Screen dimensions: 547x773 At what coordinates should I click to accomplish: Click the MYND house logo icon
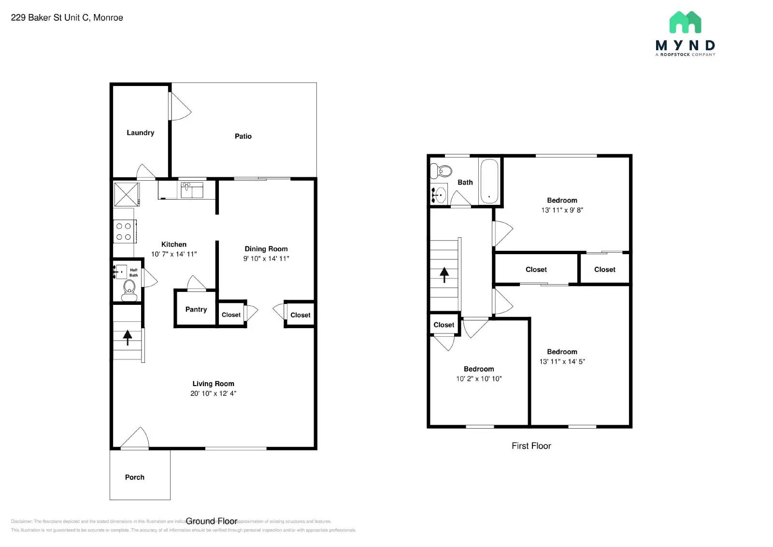click(685, 22)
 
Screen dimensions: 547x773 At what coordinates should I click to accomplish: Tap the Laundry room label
click(140, 133)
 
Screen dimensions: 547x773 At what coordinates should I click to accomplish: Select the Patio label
click(243, 136)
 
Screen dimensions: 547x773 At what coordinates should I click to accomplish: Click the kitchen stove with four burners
click(124, 231)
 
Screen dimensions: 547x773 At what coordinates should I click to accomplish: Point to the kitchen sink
click(192, 190)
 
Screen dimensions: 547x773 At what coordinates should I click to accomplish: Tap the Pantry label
click(196, 310)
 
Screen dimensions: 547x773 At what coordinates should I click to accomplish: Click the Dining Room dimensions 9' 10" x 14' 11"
click(266, 259)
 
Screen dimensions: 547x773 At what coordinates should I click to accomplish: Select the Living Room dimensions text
click(213, 393)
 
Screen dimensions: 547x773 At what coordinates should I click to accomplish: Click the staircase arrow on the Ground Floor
click(128, 337)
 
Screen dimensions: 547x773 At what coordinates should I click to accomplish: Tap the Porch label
click(134, 477)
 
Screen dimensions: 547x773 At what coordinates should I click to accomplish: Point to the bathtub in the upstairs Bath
click(489, 181)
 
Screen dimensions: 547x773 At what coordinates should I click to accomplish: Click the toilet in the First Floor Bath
click(442, 171)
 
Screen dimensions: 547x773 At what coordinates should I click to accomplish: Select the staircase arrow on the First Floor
click(444, 274)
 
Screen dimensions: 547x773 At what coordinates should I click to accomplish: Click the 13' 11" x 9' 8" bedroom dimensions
click(562, 210)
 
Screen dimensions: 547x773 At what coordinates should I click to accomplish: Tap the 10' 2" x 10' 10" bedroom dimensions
click(479, 379)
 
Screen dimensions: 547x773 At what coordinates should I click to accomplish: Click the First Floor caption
click(531, 446)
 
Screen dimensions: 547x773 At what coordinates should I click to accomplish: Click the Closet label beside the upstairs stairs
click(444, 325)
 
